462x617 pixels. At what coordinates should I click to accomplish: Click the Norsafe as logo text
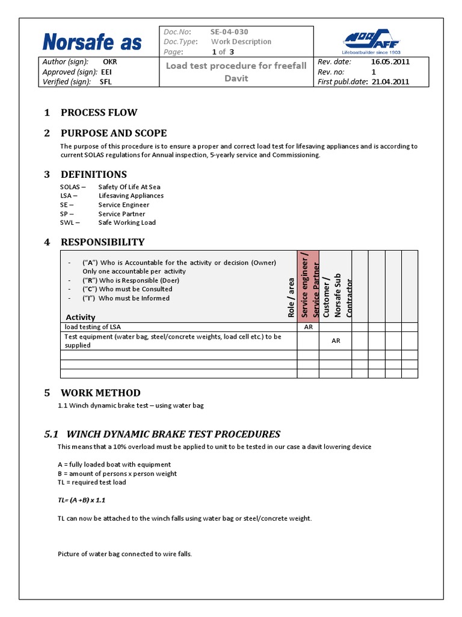92,42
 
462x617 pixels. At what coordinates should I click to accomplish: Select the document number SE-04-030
229,32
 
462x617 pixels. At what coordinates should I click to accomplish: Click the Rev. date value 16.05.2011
390,61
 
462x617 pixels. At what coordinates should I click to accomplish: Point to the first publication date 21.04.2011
390,82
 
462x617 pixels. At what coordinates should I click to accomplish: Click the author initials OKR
110,61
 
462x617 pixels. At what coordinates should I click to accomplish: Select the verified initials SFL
106,82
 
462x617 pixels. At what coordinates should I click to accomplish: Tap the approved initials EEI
106,72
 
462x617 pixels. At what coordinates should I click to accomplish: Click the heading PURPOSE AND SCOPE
114,133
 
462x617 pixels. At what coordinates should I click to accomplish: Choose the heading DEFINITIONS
93,175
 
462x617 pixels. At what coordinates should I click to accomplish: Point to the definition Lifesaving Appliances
131,195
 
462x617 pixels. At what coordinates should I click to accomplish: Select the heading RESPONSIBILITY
102,242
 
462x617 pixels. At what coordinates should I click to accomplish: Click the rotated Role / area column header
291,296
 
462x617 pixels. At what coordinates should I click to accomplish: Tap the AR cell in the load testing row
308,327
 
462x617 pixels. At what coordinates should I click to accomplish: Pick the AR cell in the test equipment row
336,340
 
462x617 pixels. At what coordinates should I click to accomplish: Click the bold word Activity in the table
80,317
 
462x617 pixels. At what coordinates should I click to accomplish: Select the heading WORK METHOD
100,393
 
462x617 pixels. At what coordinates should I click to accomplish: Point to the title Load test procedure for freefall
236,66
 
